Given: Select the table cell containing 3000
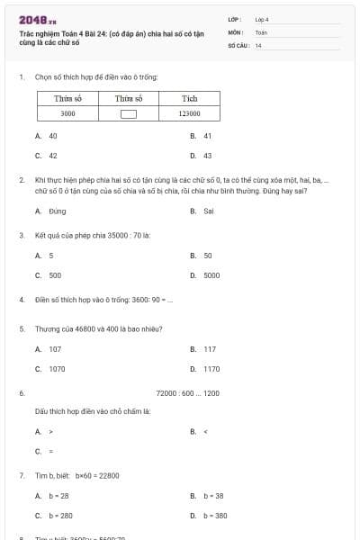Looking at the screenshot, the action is (67, 114).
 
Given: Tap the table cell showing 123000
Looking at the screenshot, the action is (189, 114).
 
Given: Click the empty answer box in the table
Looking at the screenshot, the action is (129, 114).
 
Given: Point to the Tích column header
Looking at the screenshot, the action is (189, 98).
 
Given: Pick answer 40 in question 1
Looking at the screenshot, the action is (52, 136).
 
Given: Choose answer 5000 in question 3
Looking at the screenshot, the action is (211, 274).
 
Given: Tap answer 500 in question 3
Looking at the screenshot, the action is (55, 274).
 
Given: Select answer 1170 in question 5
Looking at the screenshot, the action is (210, 369).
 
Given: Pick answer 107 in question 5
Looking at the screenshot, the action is (55, 349).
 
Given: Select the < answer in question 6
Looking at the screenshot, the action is (205, 431).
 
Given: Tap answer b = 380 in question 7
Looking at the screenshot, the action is (214, 516).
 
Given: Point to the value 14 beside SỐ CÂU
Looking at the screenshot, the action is (258, 45).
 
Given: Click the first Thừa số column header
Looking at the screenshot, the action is (67, 98).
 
